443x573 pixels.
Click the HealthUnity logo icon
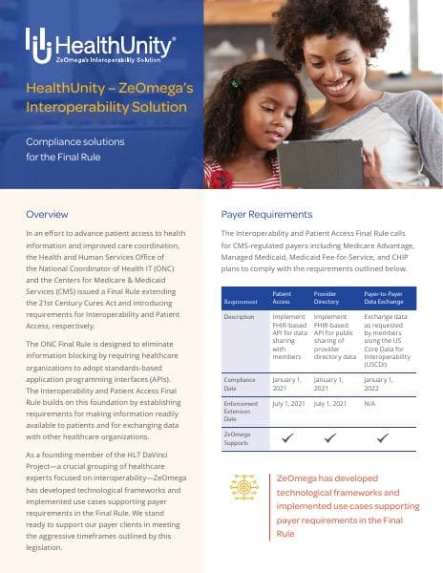(x=37, y=43)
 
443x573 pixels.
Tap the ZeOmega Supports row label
(x=240, y=438)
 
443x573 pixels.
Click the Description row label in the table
(x=240, y=316)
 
